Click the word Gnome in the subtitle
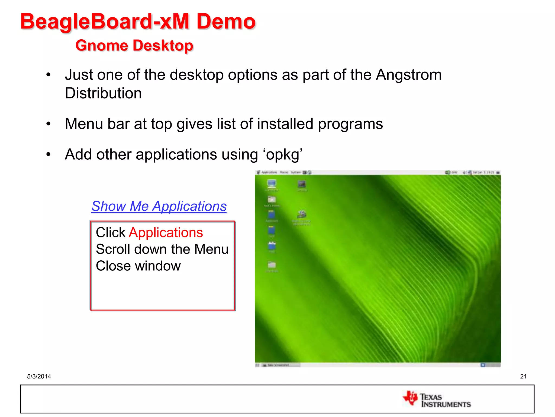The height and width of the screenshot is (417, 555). point(101,45)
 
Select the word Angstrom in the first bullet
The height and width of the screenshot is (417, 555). point(409,75)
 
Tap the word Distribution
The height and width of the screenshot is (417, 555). point(103,93)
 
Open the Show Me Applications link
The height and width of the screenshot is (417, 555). point(159,206)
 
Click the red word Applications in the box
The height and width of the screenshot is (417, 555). point(166,233)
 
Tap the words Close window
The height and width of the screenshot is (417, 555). point(138,266)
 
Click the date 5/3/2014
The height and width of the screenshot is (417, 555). point(39,376)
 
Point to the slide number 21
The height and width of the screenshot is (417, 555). point(523,376)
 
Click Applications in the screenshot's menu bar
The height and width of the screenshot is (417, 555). point(269,172)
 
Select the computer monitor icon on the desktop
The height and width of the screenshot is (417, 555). point(272,184)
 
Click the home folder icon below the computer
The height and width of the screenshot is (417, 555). point(272,200)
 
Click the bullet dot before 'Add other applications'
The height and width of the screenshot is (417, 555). point(48,155)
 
